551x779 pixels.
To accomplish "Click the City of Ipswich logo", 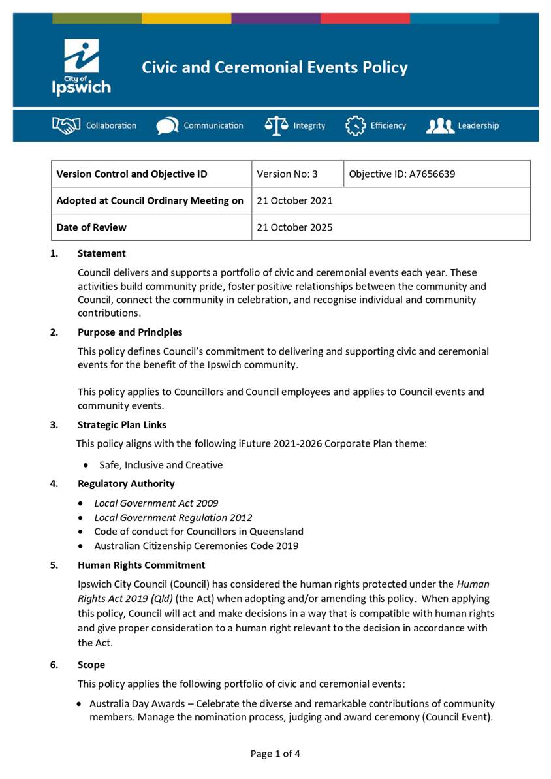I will point(82,67).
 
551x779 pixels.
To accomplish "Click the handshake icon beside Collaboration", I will point(66,125).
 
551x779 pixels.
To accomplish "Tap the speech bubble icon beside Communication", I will point(167,125).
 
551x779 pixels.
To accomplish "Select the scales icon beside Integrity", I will point(276,125).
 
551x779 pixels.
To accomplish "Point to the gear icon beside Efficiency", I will point(355,125).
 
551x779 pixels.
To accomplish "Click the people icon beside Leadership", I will point(440,125).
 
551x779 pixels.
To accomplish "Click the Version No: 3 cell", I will point(287,174).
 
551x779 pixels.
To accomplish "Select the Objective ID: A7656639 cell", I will point(402,174).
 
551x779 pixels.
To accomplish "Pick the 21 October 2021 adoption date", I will point(294,201).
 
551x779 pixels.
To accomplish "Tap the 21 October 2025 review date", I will point(294,228).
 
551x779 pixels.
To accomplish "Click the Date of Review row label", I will point(91,228).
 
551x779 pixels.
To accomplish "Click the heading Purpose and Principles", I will point(130,332).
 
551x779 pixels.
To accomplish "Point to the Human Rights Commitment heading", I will point(141,565).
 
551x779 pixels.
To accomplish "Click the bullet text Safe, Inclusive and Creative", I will point(161,465).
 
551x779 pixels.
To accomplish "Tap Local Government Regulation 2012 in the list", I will point(173,518).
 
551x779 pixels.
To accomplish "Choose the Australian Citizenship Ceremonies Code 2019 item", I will point(196,546).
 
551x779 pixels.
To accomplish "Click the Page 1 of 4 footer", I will point(275,754).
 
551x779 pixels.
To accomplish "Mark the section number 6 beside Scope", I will point(54,665).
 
